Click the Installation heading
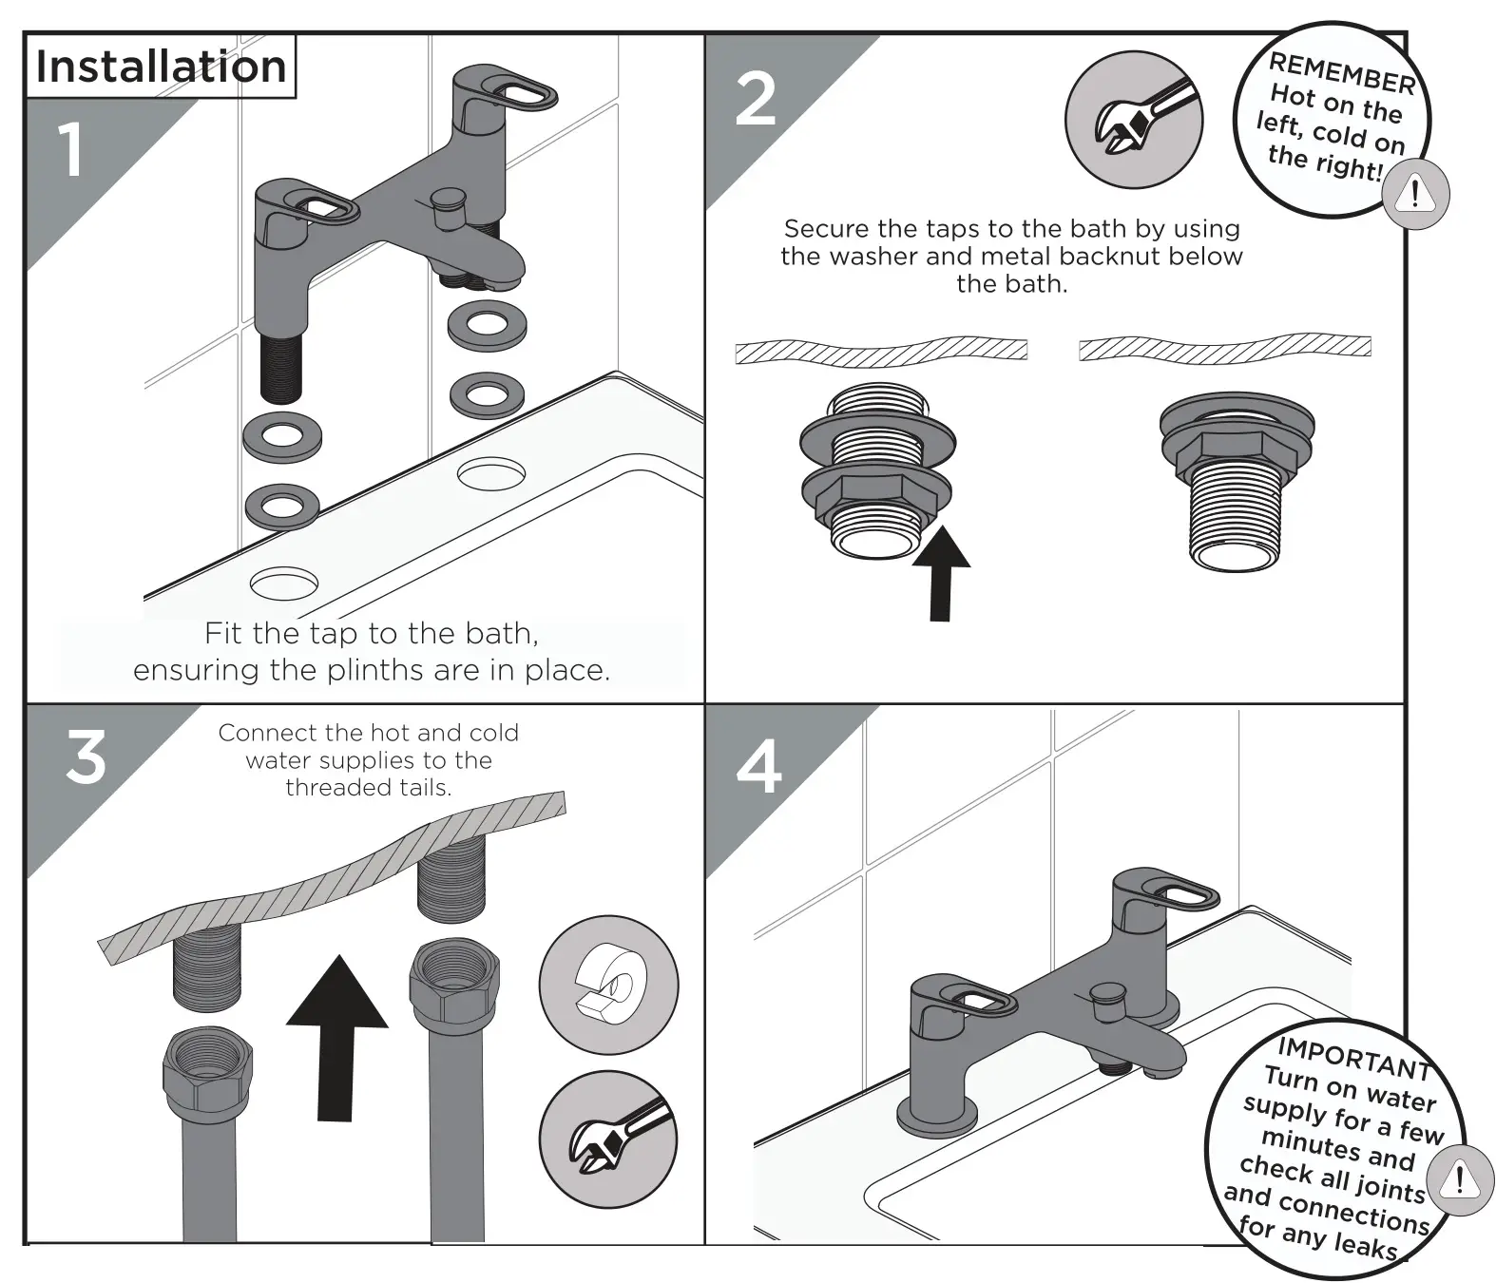click(161, 67)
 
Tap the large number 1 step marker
click(71, 150)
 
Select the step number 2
click(756, 100)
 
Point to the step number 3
click(86, 758)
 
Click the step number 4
click(758, 766)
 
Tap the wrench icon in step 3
click(608, 1139)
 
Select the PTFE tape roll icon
click(608, 985)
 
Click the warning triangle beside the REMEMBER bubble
click(1415, 195)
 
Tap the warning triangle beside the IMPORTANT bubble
click(1459, 1180)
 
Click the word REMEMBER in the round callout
click(1342, 74)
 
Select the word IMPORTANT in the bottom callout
click(1353, 1058)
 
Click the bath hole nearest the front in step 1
click(283, 582)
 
